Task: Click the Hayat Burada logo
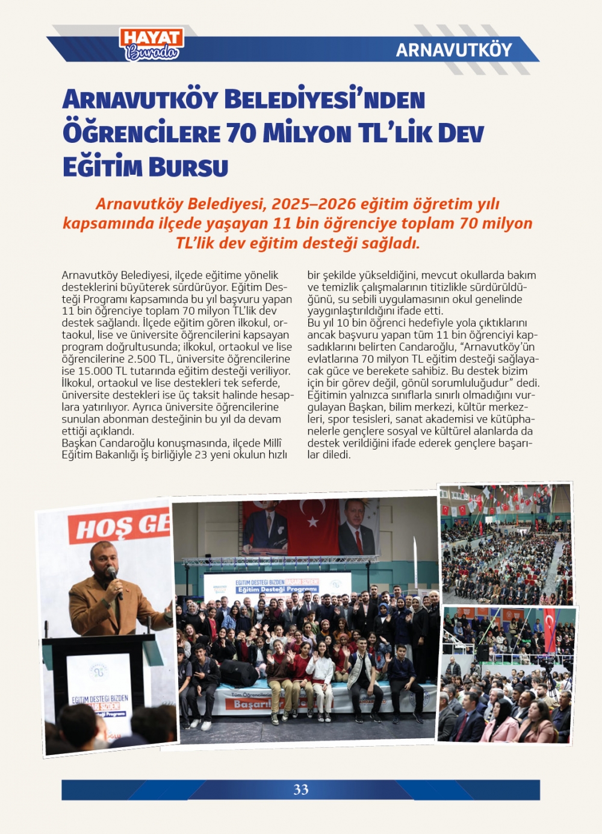point(152,45)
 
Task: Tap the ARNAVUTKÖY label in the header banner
point(454,50)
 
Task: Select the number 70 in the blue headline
point(241,133)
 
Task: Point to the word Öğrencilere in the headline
point(141,133)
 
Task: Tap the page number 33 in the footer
point(300,789)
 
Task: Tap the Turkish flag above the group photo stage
point(312,525)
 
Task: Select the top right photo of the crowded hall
point(505,544)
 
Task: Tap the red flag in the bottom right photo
point(550,629)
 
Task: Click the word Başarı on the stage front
point(253,704)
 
